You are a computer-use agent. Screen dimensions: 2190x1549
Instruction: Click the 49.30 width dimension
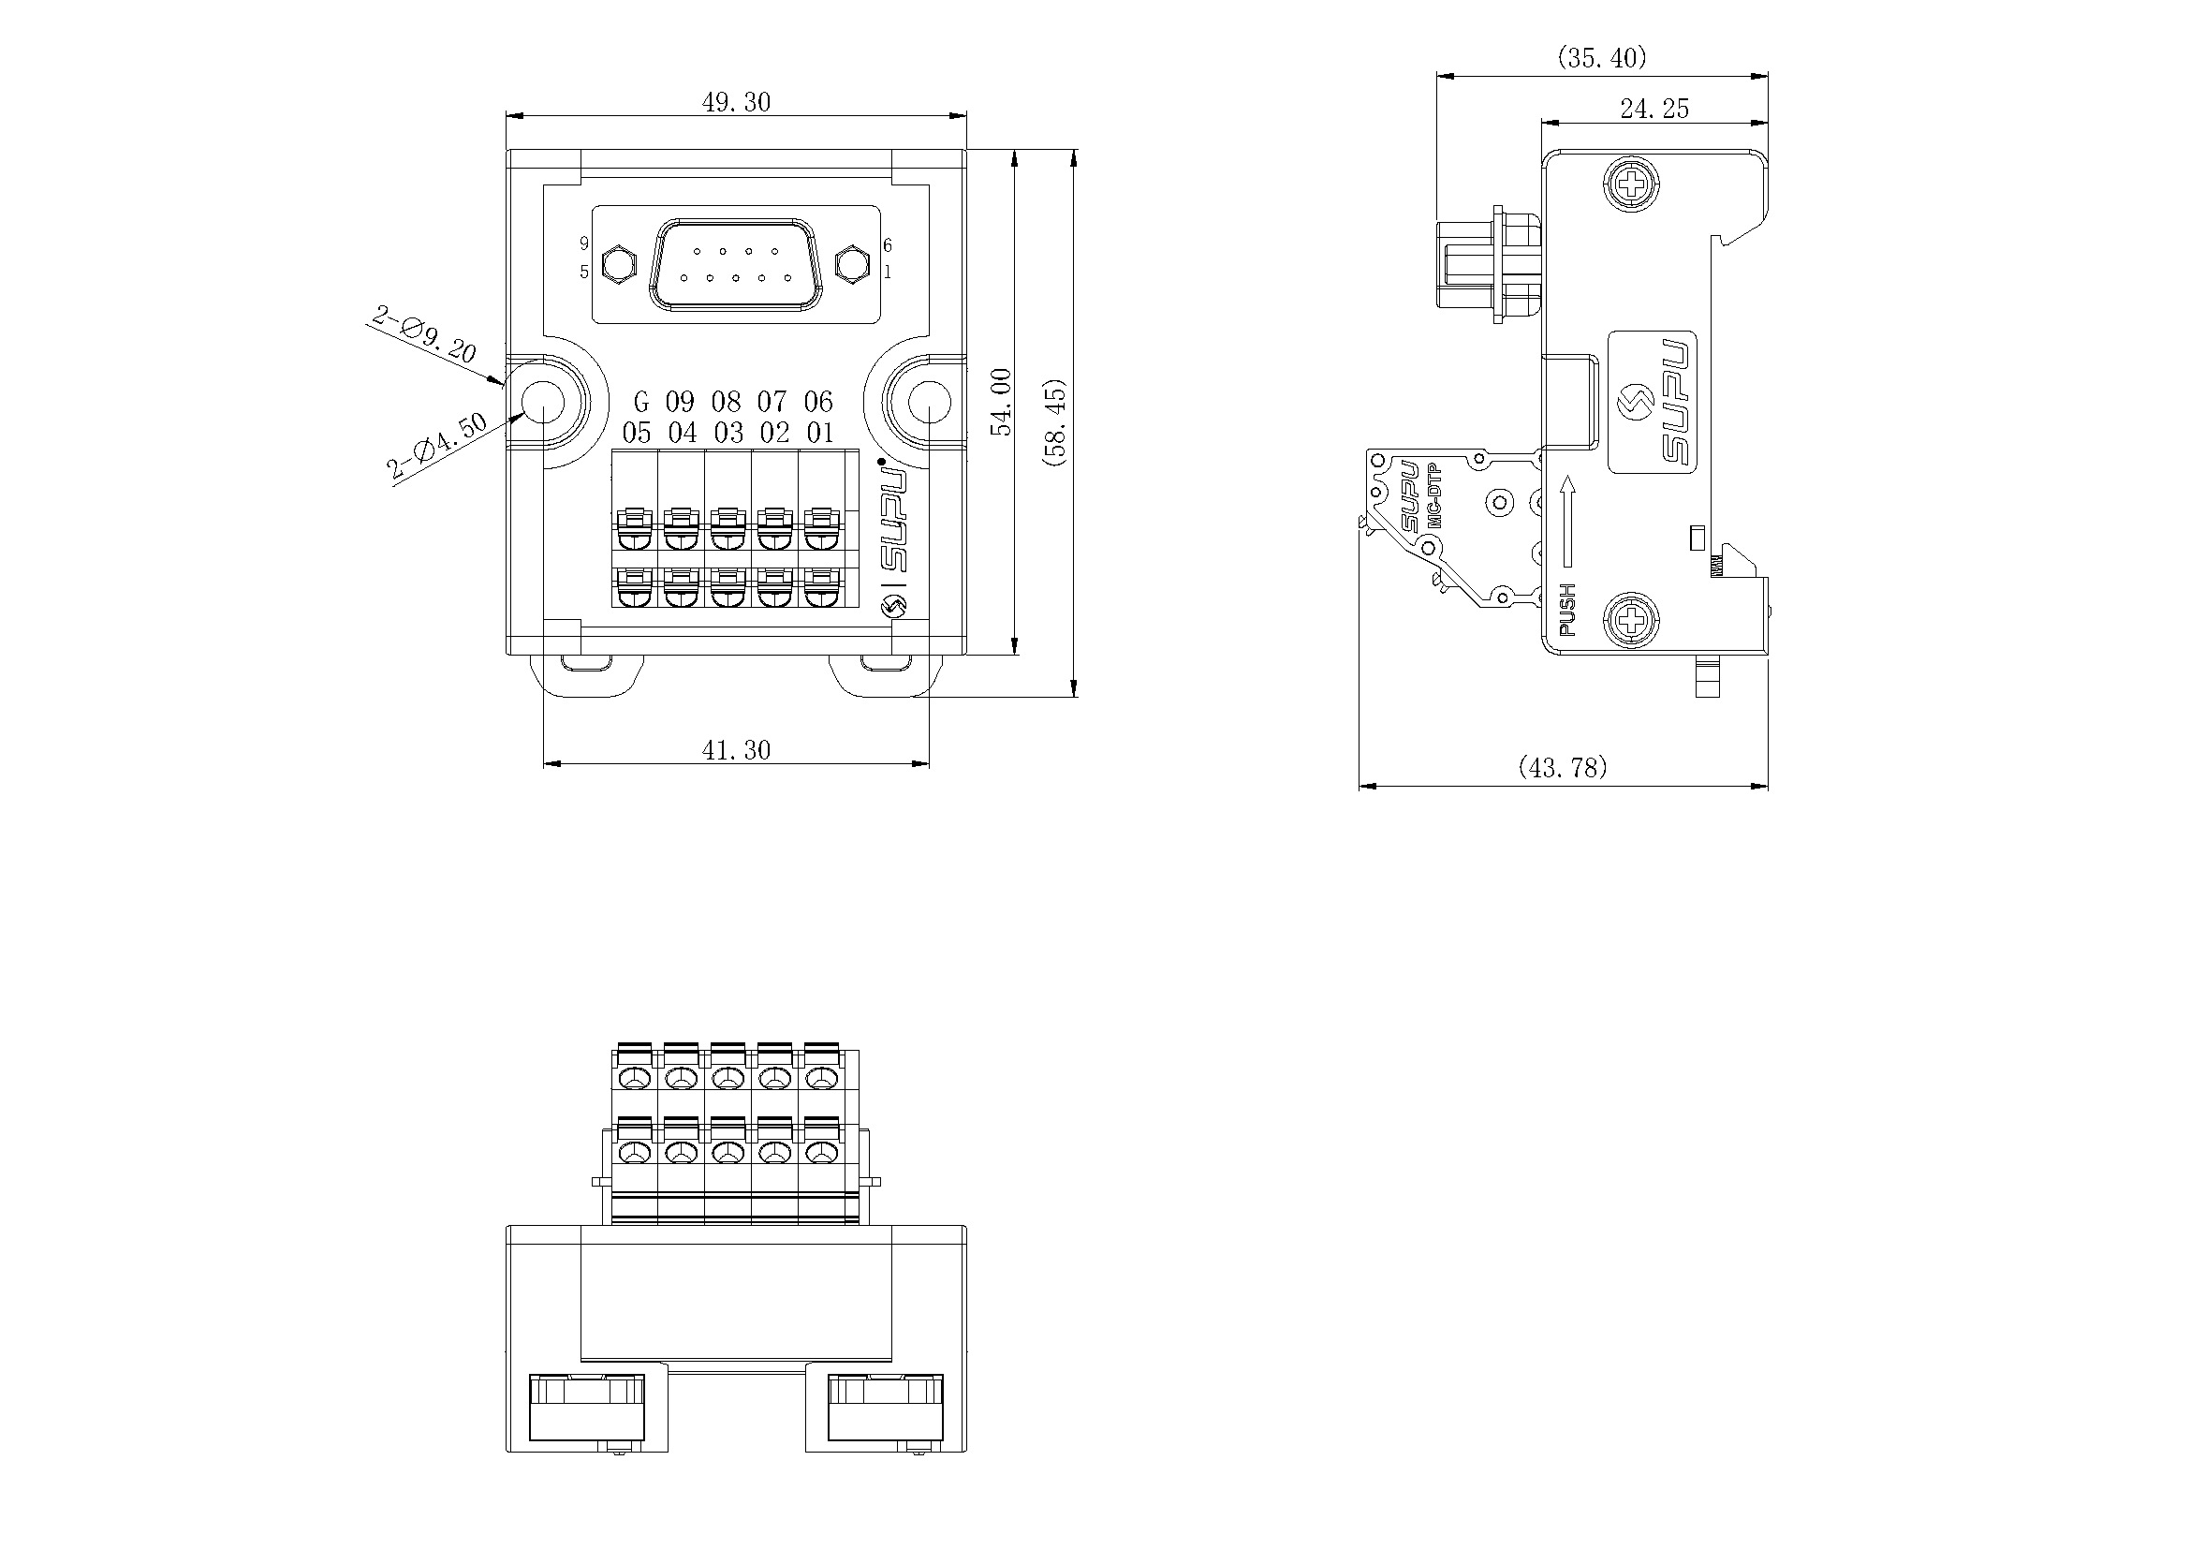coord(735,102)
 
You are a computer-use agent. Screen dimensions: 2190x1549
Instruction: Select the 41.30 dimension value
coord(735,750)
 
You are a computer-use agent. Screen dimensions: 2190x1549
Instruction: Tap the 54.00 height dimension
coord(1002,403)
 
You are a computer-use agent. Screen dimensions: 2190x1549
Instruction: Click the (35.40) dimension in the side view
coord(1602,58)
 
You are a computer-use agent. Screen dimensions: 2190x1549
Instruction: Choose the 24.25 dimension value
coord(1654,109)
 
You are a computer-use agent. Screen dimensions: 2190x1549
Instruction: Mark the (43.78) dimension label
coord(1563,767)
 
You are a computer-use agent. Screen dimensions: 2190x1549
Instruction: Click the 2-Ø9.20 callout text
coord(424,333)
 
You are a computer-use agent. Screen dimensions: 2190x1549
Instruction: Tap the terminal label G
coord(641,402)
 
